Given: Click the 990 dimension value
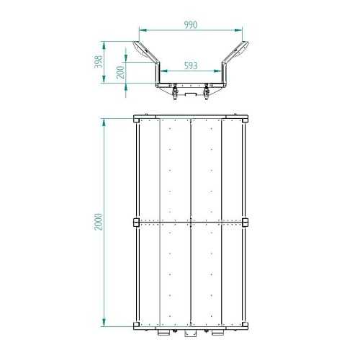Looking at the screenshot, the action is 191,24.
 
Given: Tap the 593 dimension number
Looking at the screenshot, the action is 191,66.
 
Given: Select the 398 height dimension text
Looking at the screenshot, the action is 98,62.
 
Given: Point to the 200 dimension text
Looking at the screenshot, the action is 120,73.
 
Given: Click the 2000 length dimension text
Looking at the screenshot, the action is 99,222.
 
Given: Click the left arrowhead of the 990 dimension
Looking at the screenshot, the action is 143,30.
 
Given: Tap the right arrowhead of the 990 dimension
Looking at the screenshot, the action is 238,30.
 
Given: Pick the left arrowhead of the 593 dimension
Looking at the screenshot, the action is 164,71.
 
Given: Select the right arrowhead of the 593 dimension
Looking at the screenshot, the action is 217,71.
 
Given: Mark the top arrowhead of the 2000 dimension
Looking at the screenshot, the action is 104,122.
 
